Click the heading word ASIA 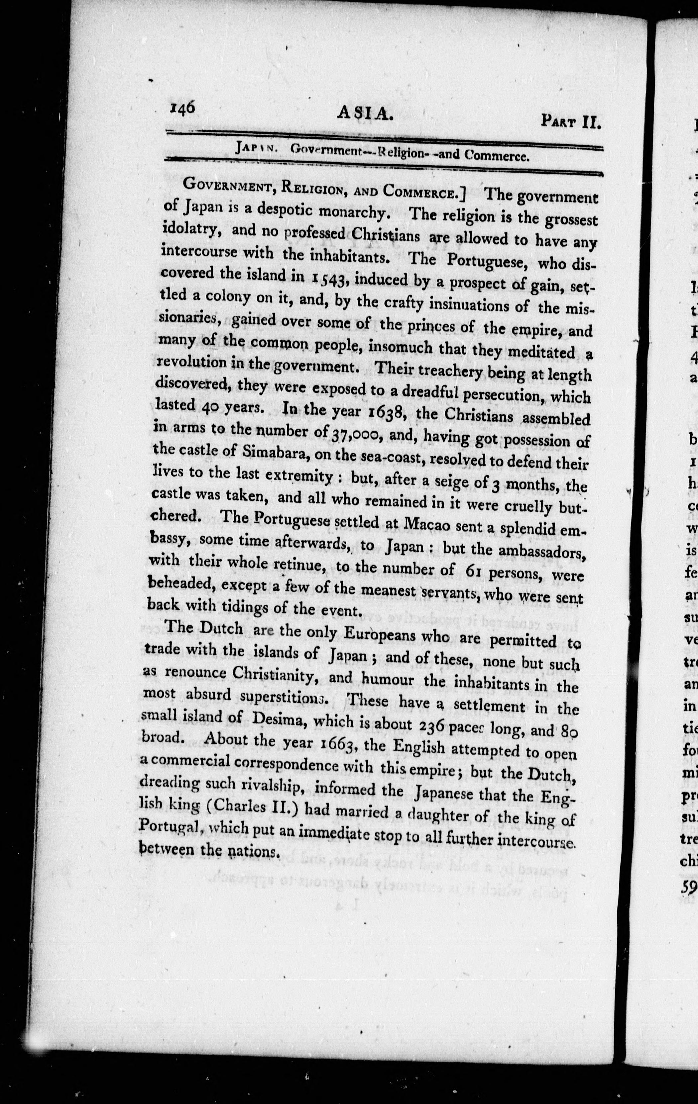pos(365,114)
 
